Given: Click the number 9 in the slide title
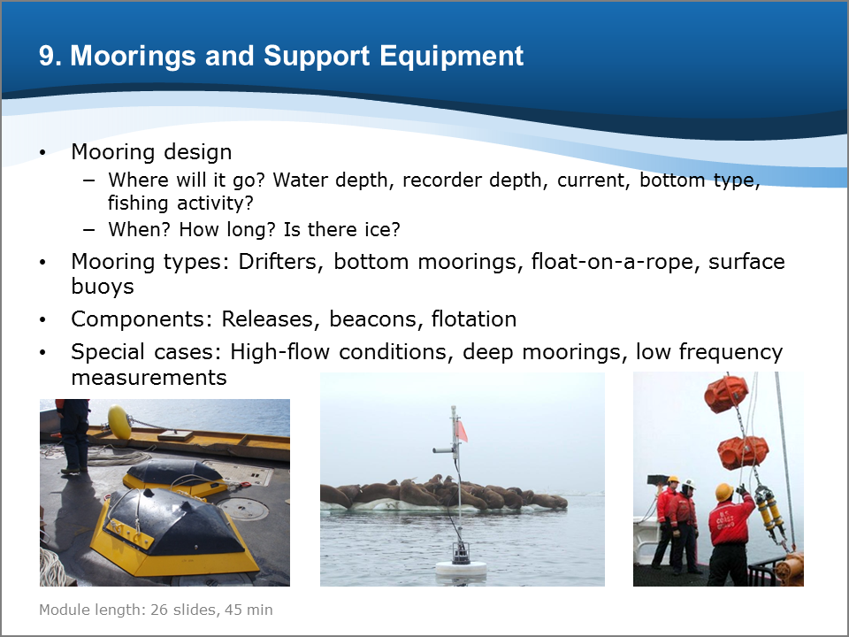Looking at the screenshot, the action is click(47, 56).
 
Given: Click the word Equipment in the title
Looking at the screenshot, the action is click(452, 57).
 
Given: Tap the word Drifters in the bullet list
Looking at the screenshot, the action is click(277, 262).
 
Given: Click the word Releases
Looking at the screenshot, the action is click(267, 319).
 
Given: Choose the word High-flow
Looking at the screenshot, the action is click(280, 352).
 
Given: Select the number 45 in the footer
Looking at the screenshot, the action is click(233, 610).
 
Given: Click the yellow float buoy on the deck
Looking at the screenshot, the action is click(119, 422).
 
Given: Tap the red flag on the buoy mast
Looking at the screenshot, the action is click(461, 431).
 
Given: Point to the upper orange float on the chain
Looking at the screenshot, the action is click(726, 394).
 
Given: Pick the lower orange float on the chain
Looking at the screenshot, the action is click(742, 452).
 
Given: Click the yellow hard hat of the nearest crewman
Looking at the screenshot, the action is click(724, 492).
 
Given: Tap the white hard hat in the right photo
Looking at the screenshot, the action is click(689, 483).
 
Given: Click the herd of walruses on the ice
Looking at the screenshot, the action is click(444, 493).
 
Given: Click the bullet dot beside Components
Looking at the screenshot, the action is click(42, 320).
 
